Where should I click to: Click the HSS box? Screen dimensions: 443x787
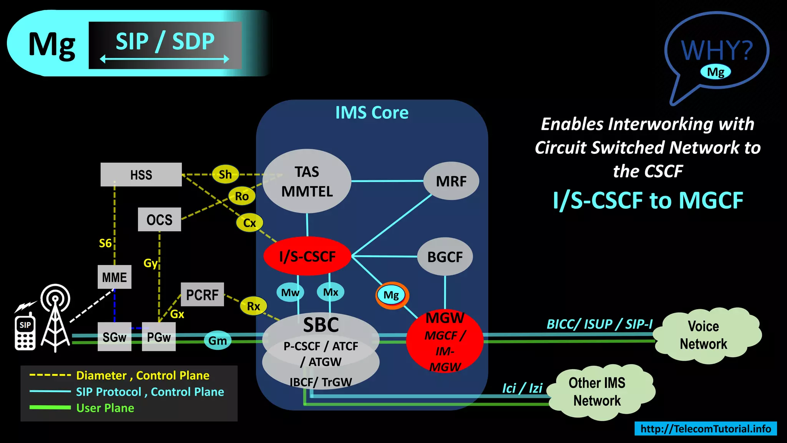pyautogui.click(x=141, y=175)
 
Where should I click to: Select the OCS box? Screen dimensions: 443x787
pyautogui.click(x=159, y=220)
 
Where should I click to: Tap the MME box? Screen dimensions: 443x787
pyautogui.click(x=114, y=277)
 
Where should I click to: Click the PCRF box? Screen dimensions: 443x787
pyautogui.click(x=202, y=295)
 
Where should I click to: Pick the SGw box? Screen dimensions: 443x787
pyautogui.click(x=114, y=337)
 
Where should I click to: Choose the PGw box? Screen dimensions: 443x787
pyautogui.click(x=159, y=337)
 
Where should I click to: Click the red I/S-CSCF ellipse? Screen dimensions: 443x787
pyautogui.click(x=307, y=256)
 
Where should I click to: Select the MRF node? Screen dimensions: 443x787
pyautogui.click(x=451, y=181)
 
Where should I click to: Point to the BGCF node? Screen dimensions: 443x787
pyautogui.click(x=445, y=256)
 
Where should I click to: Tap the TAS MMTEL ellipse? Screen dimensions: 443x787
pyautogui.click(x=307, y=181)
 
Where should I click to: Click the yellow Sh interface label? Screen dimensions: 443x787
pyautogui.click(x=225, y=174)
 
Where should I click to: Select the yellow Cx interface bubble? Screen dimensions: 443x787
pyautogui.click(x=249, y=223)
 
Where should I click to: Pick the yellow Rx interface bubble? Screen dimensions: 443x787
pyautogui.click(x=253, y=306)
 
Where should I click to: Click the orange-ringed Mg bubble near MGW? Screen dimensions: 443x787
pyautogui.click(x=392, y=295)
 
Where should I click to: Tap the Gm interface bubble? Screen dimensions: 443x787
pyautogui.click(x=218, y=340)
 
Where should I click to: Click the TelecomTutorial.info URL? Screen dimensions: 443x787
pyautogui.click(x=706, y=428)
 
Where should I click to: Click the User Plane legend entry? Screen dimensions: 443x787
pyautogui.click(x=105, y=408)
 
